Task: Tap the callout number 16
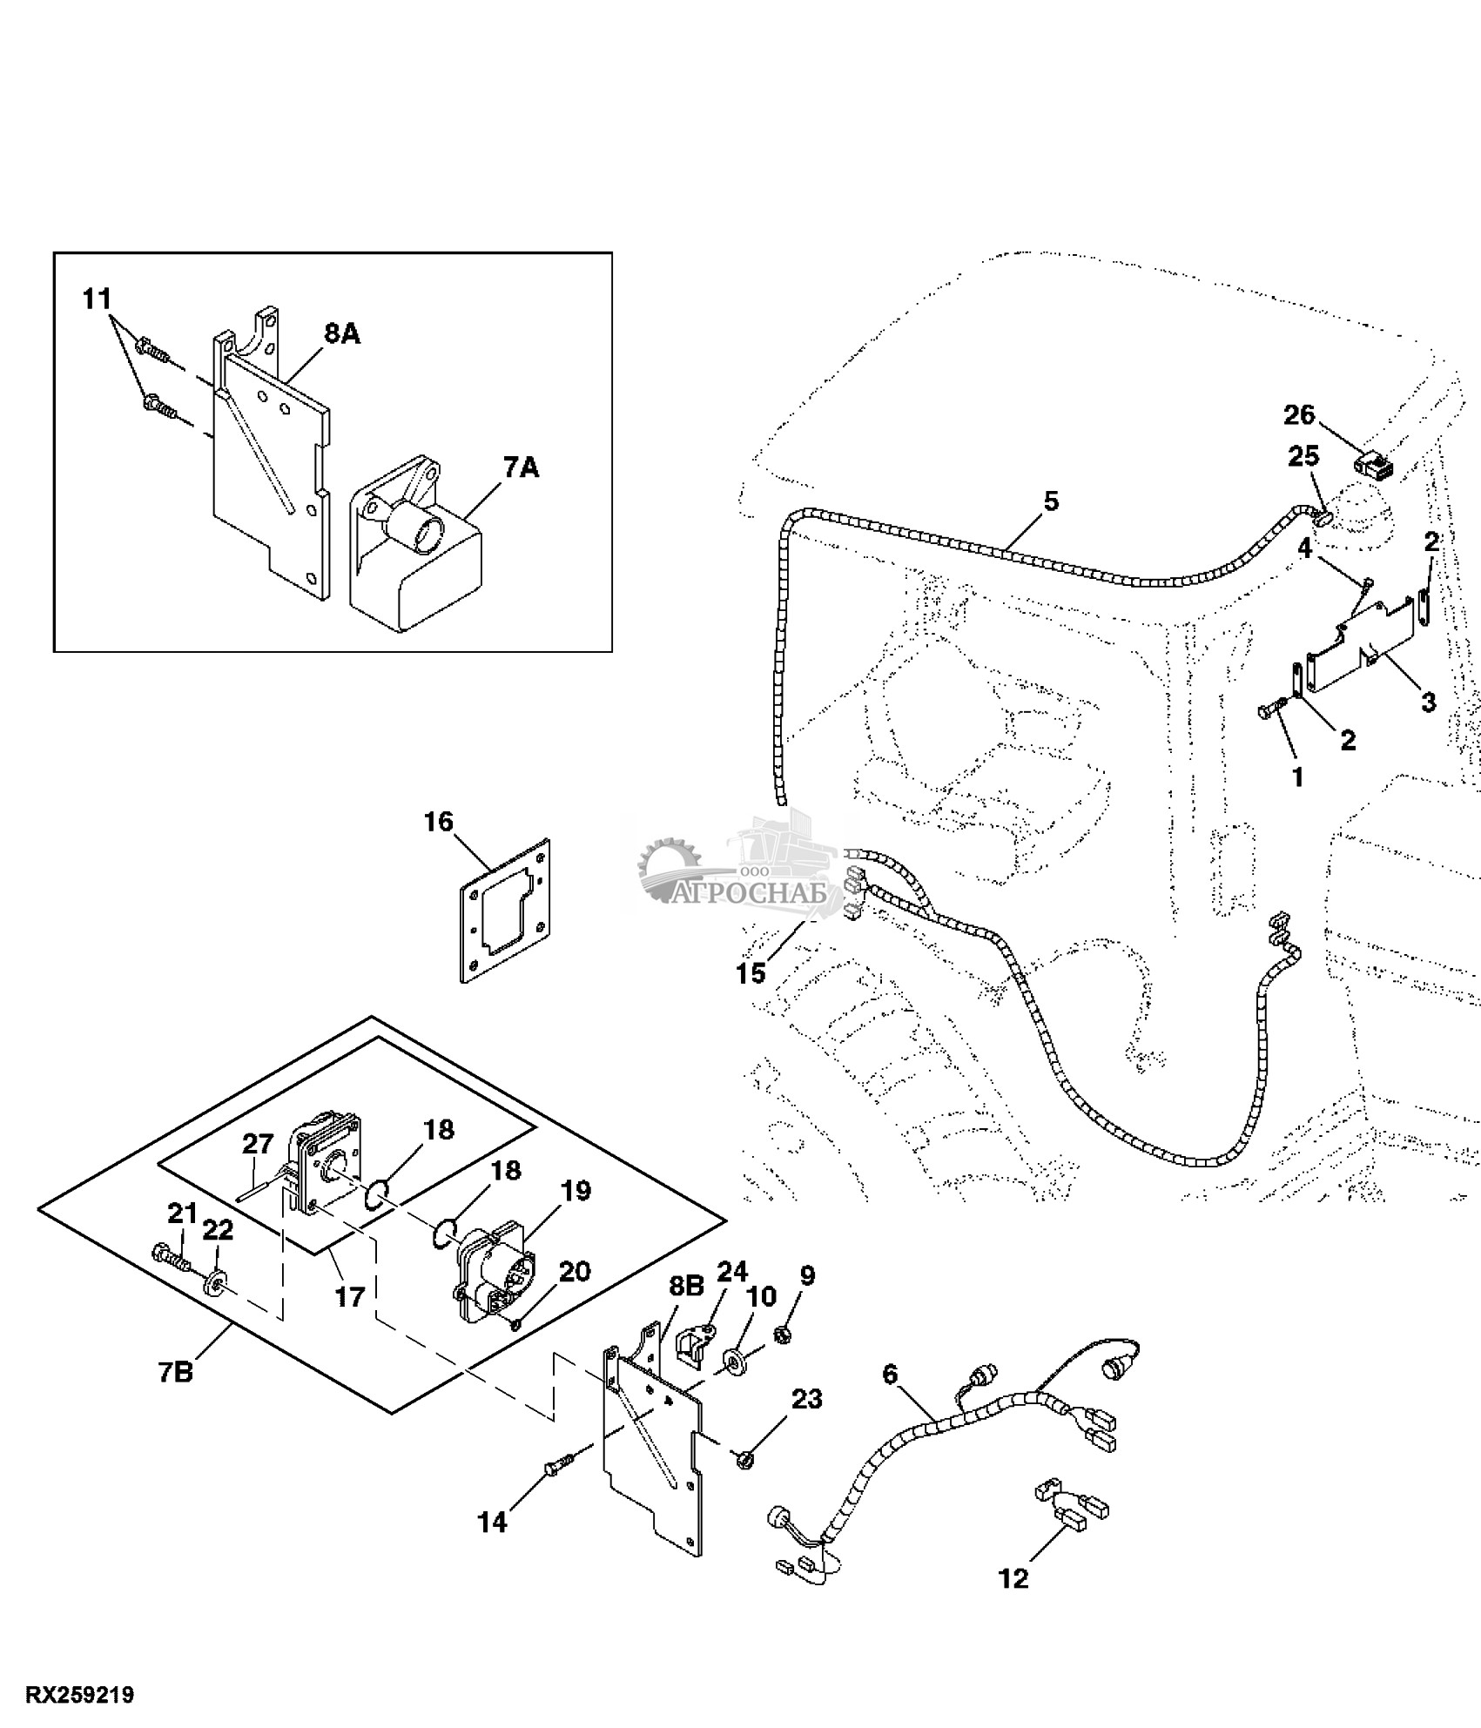coord(440,822)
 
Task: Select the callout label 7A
coord(521,468)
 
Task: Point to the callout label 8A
coord(342,333)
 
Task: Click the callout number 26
coord(1299,415)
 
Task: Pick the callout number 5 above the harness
coord(1052,501)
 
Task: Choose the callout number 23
coord(807,1399)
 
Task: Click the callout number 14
coord(493,1523)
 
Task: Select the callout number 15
coord(751,972)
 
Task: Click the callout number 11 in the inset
coord(98,299)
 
